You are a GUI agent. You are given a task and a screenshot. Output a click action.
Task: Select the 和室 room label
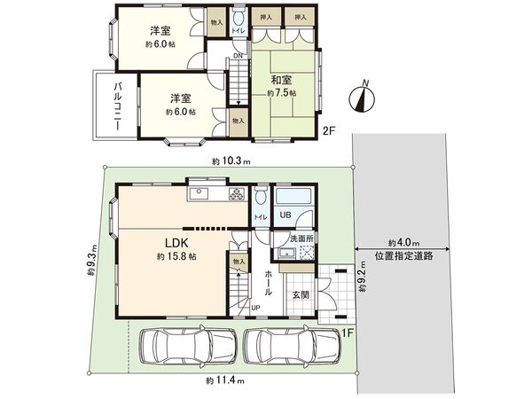tap(281, 78)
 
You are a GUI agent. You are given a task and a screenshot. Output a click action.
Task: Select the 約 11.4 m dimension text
tap(223, 380)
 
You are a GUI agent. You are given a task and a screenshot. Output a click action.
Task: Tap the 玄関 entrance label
tap(301, 296)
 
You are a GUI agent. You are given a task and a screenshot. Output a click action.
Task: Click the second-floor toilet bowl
tap(238, 20)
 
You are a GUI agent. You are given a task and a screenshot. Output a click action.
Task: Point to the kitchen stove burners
tap(238, 195)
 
